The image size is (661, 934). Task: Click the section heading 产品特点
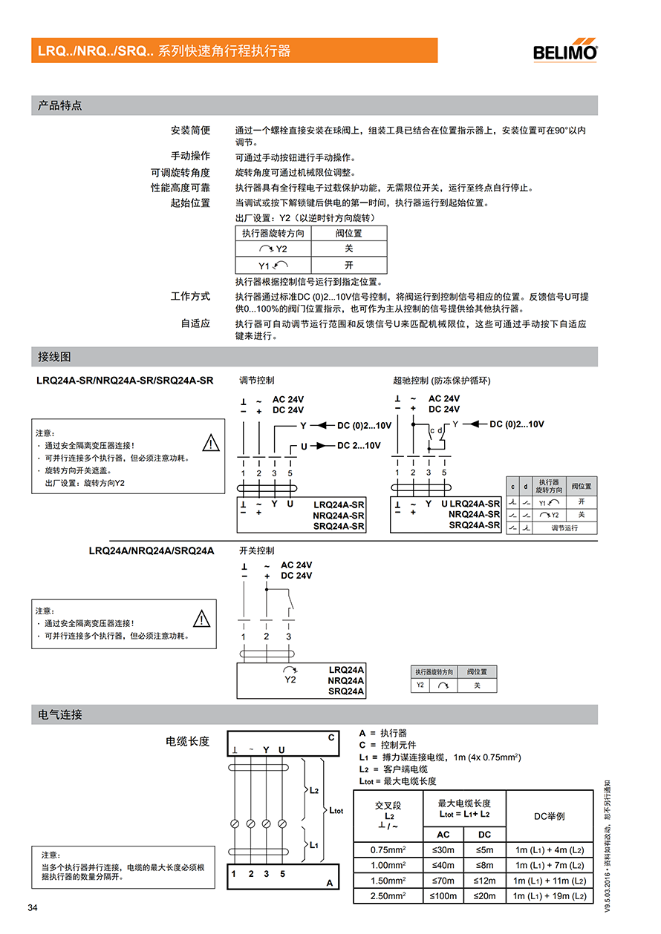point(60,105)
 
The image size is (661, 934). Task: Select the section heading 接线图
point(55,357)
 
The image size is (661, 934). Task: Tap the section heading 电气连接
point(60,714)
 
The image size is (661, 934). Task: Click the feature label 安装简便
point(190,131)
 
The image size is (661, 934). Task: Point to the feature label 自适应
point(195,323)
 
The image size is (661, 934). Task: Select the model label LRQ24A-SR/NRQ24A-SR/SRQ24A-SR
point(125,381)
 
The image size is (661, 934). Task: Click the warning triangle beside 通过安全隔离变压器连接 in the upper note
point(212,443)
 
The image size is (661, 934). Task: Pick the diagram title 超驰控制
point(442,381)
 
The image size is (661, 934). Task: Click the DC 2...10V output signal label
point(359,445)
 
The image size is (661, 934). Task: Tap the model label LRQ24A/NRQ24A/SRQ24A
point(152,550)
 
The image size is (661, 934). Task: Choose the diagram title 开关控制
point(257,550)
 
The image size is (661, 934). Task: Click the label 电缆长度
point(187,740)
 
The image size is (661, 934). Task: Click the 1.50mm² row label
point(388,881)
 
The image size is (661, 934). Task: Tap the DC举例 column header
point(550,816)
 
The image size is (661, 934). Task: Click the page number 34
point(33,909)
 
